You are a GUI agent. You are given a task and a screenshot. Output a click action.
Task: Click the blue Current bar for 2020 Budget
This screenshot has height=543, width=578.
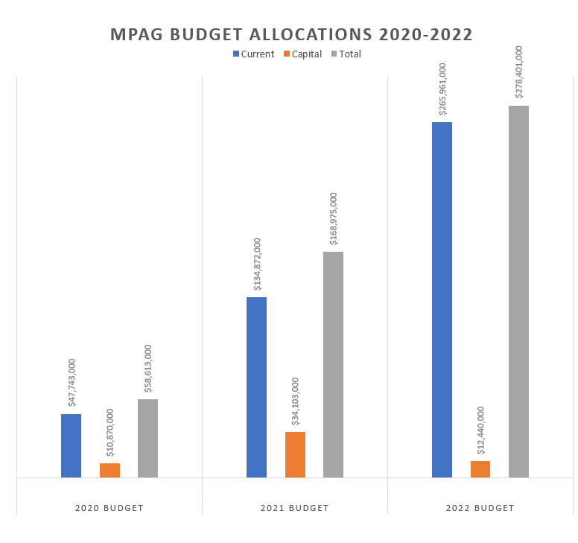coord(71,445)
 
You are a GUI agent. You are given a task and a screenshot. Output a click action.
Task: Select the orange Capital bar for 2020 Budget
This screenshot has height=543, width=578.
coord(109,470)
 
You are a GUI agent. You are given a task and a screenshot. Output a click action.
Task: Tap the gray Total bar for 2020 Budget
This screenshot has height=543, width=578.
coord(147,438)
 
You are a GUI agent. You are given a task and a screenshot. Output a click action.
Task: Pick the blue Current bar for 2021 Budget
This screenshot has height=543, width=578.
coord(256,387)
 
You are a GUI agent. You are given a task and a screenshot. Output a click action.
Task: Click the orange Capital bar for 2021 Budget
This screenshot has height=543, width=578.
coord(295,454)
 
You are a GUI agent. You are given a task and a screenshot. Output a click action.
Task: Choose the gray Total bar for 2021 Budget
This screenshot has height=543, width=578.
coord(333,364)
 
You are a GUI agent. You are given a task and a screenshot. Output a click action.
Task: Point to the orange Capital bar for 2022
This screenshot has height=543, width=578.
coord(480,469)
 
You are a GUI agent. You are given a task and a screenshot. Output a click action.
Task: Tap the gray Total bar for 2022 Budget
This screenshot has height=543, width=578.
coord(518,291)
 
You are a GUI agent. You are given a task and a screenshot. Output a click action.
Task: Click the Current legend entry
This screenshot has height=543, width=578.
coord(253,54)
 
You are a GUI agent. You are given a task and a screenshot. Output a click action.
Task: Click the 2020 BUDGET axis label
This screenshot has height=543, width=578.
coord(109,508)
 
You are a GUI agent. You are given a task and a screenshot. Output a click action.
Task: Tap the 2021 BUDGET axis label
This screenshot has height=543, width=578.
coord(294,508)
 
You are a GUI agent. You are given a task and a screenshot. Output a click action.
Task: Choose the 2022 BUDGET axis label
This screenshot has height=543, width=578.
coord(480,508)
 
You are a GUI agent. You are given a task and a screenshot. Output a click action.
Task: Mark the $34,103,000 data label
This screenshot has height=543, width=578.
coord(296,401)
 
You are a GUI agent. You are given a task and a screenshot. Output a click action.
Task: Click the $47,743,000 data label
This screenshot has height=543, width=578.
coord(72,384)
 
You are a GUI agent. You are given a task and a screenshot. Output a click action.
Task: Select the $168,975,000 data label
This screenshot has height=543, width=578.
coord(333,218)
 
